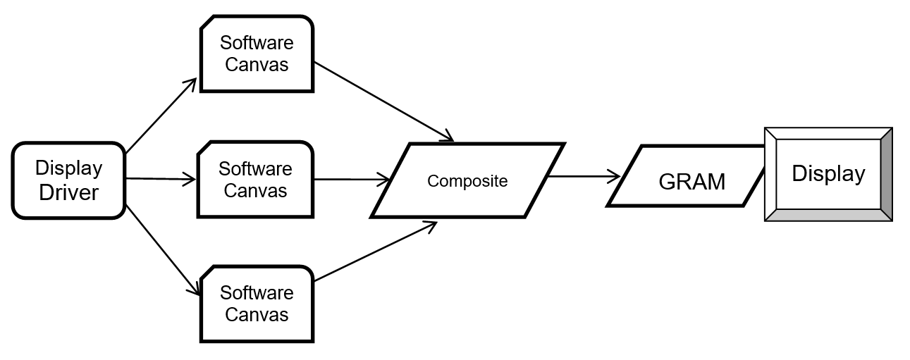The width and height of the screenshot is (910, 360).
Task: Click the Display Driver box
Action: tap(68, 180)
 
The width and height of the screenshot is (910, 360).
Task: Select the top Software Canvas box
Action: tap(257, 54)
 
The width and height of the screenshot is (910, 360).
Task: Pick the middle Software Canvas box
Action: tap(255, 180)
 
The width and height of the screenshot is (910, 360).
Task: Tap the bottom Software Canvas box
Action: tap(257, 304)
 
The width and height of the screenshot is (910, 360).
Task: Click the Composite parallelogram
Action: tap(467, 181)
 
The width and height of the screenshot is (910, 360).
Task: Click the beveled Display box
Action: tap(828, 174)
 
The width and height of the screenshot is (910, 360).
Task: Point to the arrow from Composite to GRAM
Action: tap(585, 177)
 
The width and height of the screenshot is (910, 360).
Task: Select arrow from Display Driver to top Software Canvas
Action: tap(161, 114)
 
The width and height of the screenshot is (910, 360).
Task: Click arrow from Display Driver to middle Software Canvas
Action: tap(161, 180)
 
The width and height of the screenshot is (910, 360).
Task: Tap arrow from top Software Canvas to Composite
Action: tap(383, 101)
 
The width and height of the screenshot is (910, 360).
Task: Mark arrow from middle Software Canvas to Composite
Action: tap(352, 180)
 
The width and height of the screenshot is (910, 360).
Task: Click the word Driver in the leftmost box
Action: tap(68, 192)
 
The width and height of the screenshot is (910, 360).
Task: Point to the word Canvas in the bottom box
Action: tap(257, 314)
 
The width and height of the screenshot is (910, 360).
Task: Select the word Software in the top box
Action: tap(257, 42)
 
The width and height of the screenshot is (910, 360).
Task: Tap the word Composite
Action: tap(467, 181)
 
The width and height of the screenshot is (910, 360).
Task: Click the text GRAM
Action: tap(691, 182)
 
